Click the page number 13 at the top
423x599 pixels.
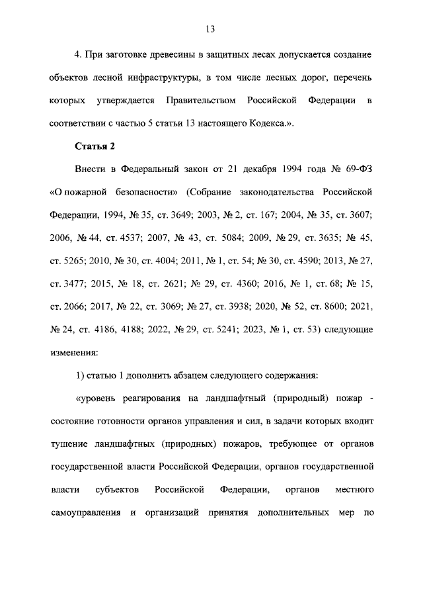(211, 29)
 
